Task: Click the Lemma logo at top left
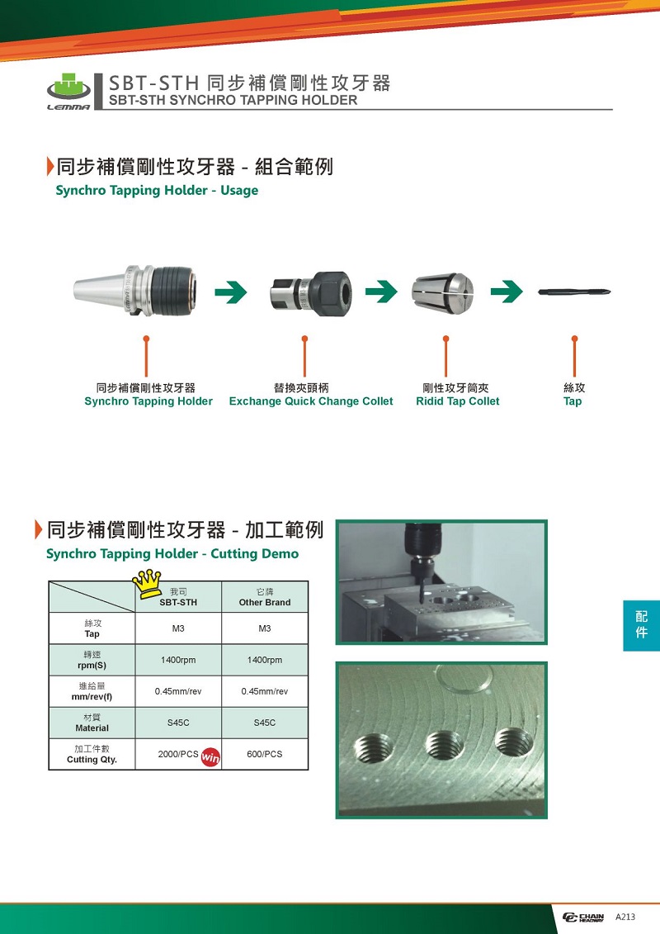[69, 92]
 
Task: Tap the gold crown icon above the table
[147, 584]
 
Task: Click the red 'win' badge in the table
[210, 756]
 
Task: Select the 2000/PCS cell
[178, 754]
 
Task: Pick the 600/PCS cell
[265, 754]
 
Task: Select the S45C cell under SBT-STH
[178, 723]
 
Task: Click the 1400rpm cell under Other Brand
[265, 660]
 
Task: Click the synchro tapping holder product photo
[134, 291]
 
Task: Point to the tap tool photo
[574, 292]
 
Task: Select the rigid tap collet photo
[443, 292]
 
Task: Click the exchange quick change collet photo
[311, 292]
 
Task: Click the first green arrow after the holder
[231, 292]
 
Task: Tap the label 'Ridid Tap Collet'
[458, 401]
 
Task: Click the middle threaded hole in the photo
[445, 745]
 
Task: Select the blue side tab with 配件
[642, 625]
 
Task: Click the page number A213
[625, 917]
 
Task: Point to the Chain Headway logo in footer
[583, 917]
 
